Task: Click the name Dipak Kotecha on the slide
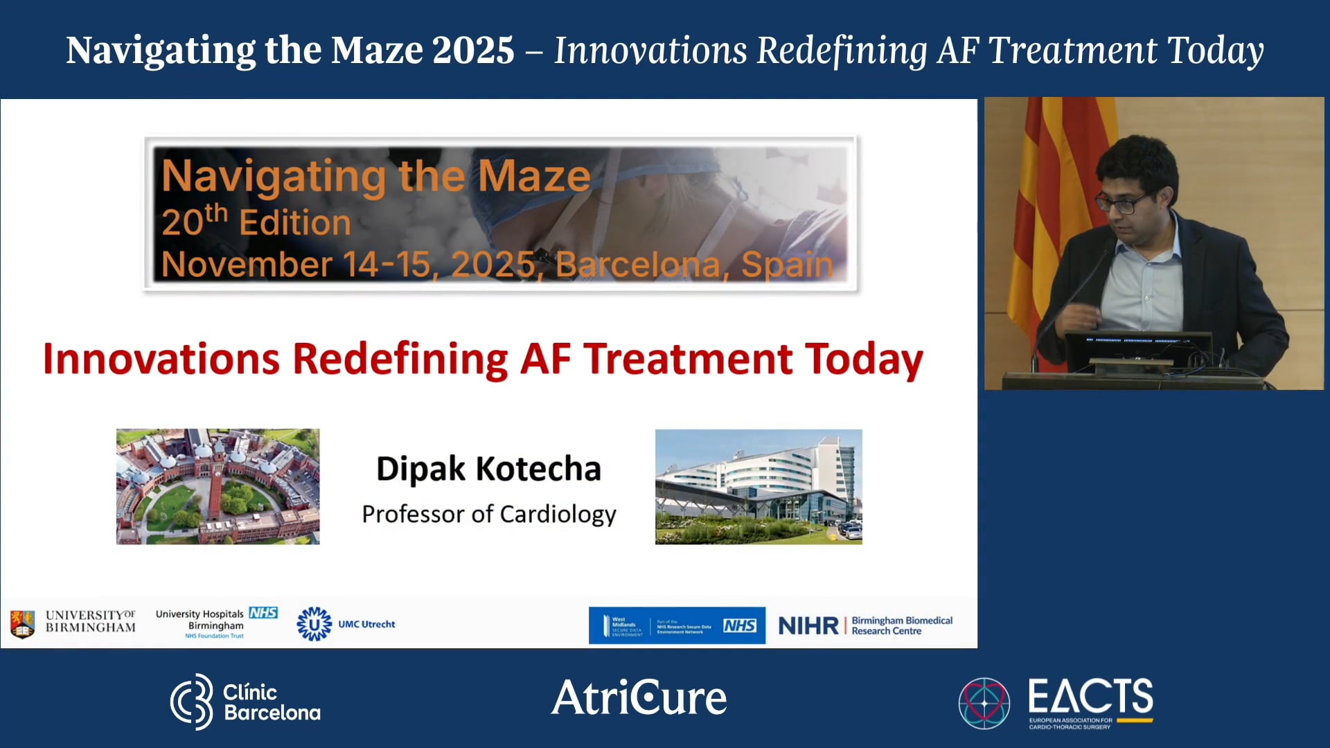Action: [488, 469]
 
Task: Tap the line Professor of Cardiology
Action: [488, 514]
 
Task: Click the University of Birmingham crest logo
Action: [22, 623]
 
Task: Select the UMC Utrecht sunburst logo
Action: [314, 624]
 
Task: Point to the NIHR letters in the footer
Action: [808, 626]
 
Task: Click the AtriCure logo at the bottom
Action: [639, 697]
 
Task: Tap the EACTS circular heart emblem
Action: [984, 703]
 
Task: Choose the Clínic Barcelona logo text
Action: [271, 702]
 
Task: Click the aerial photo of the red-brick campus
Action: [218, 486]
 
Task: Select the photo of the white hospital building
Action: [759, 486]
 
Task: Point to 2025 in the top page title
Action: [473, 51]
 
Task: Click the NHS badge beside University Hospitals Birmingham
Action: [263, 613]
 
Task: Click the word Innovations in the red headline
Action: [161, 359]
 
